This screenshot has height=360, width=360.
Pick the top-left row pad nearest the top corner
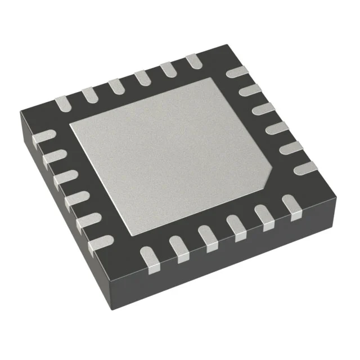(x=193, y=61)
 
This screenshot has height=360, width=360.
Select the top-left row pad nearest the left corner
(x=61, y=102)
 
